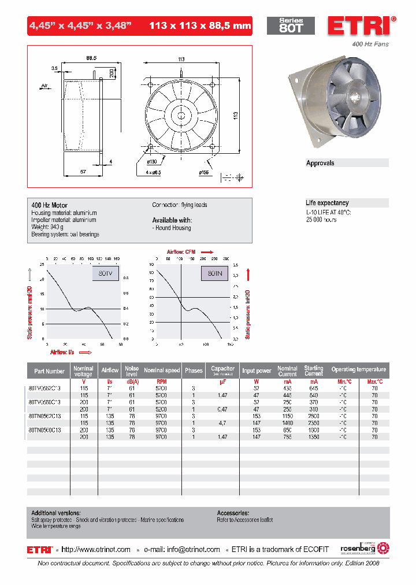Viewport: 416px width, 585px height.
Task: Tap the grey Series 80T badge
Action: coord(291,25)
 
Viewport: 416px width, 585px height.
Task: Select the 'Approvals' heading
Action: coord(320,164)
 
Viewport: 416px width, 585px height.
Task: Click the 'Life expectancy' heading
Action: coord(327,203)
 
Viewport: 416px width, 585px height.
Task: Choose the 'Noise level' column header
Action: coord(132,370)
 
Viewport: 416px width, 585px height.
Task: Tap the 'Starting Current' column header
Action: coord(314,371)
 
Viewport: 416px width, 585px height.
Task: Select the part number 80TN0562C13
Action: coord(49,416)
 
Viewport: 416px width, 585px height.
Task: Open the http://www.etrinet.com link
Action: coord(96,550)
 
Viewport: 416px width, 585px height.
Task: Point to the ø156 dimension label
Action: coord(204,172)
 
